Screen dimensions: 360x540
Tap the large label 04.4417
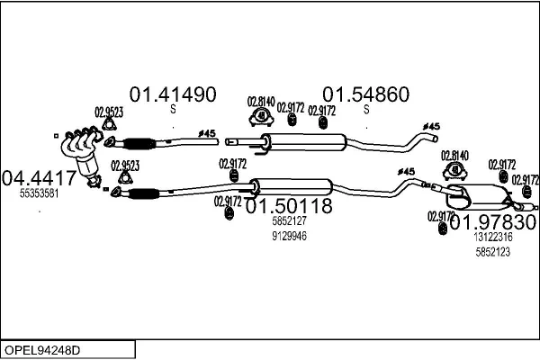point(39,178)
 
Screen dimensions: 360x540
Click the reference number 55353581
point(39,193)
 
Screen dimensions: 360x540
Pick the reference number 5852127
point(289,220)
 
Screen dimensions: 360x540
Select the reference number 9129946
point(289,236)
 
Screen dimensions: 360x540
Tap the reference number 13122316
point(492,237)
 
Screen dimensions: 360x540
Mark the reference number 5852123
point(492,252)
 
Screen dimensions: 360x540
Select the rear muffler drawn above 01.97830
point(477,193)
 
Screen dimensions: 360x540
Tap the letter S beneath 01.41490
point(173,110)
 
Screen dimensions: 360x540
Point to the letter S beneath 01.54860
point(366,110)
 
